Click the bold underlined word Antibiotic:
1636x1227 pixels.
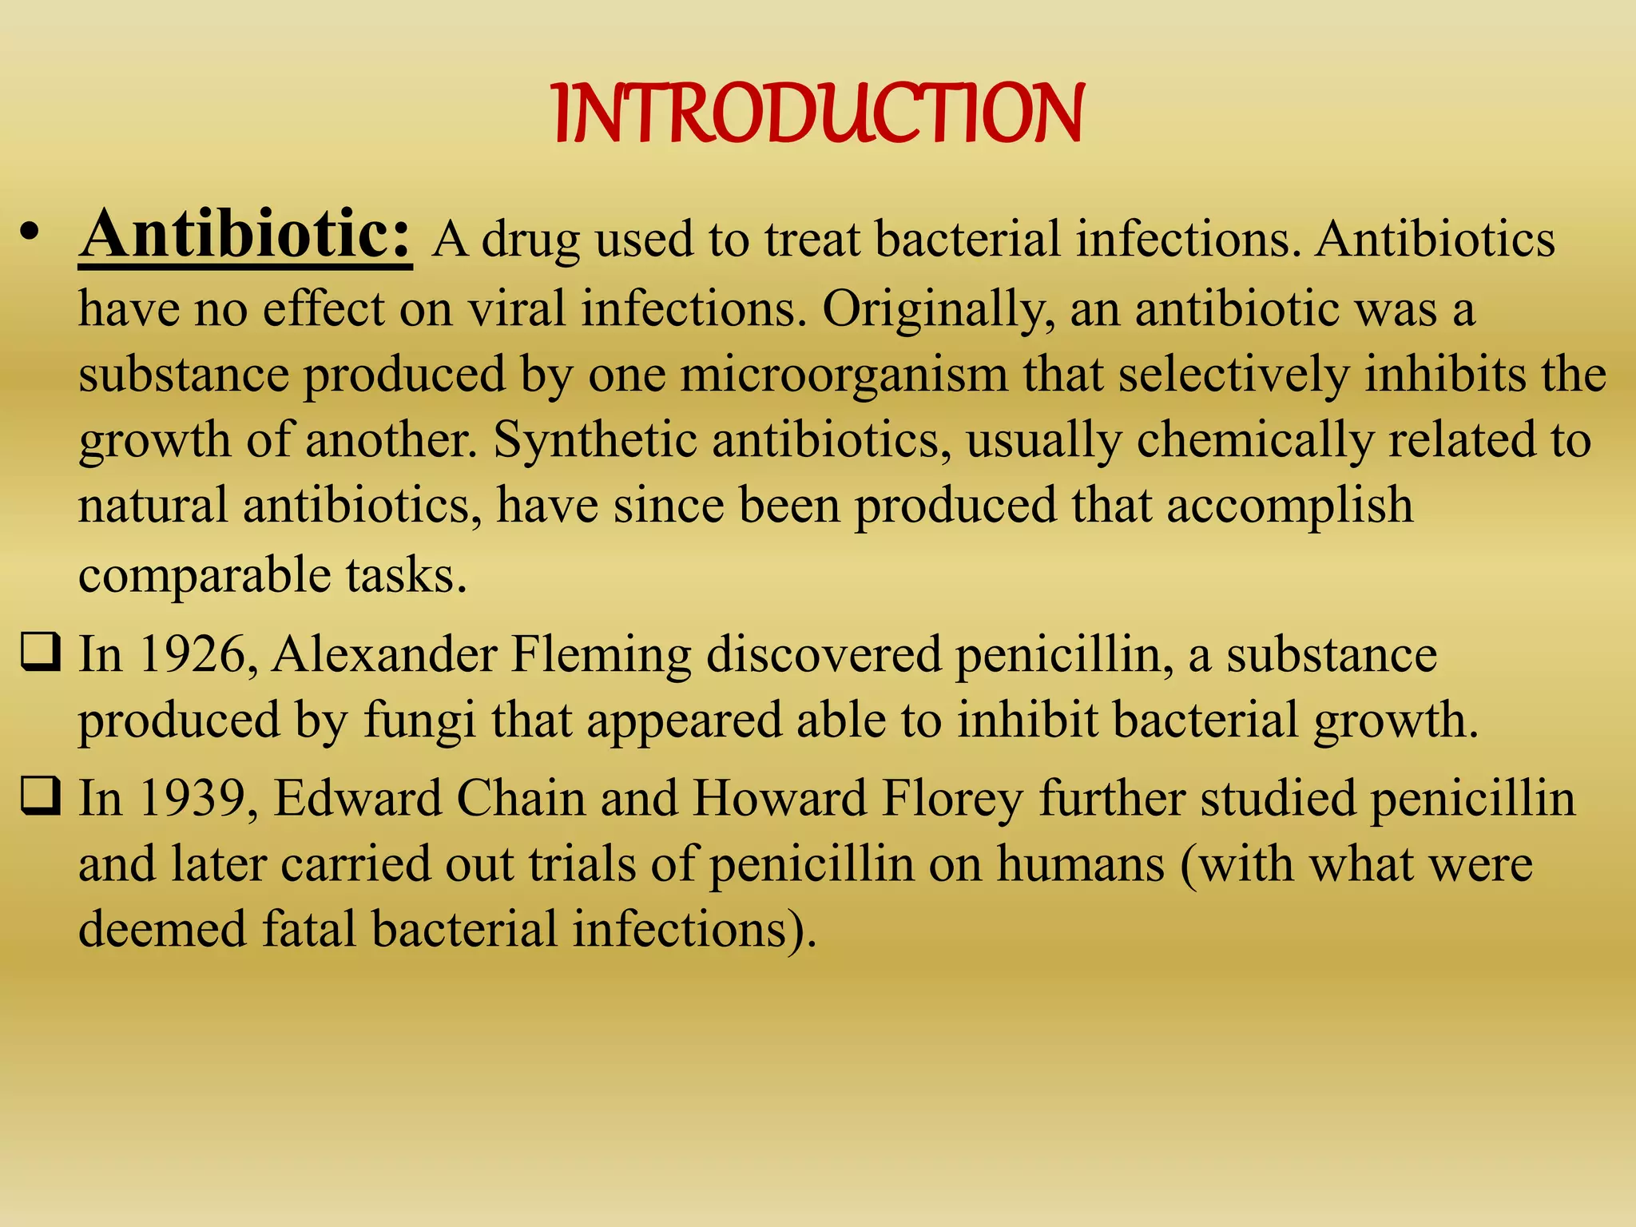click(x=245, y=235)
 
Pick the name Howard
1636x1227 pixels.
click(x=779, y=798)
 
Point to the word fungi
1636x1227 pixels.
click(x=419, y=721)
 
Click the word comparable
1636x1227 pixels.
click(x=204, y=576)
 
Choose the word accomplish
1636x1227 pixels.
click(x=1289, y=506)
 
